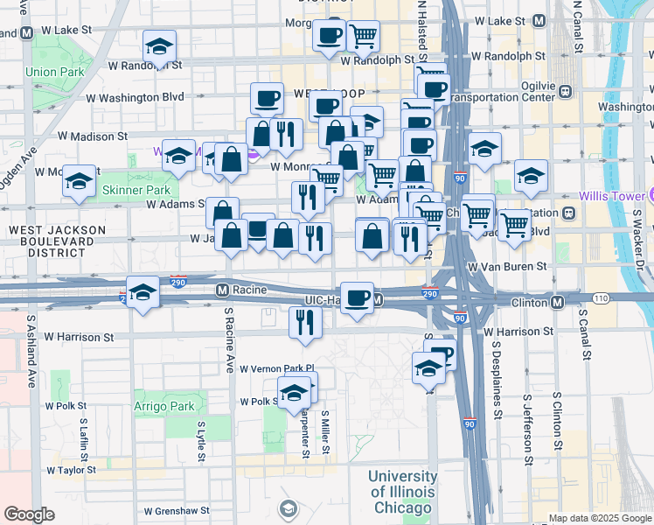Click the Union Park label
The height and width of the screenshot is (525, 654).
[53, 72]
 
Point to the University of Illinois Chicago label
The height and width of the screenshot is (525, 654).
[402, 492]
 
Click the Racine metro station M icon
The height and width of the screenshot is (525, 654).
[222, 290]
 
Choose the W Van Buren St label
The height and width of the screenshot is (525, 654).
[507, 265]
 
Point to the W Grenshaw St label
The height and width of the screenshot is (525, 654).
[177, 510]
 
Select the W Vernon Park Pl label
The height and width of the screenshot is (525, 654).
[276, 368]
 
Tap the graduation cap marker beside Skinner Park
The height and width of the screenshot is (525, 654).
[79, 182]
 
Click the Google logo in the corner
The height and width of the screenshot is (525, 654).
[30, 514]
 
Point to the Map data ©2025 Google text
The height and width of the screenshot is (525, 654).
[599, 518]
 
